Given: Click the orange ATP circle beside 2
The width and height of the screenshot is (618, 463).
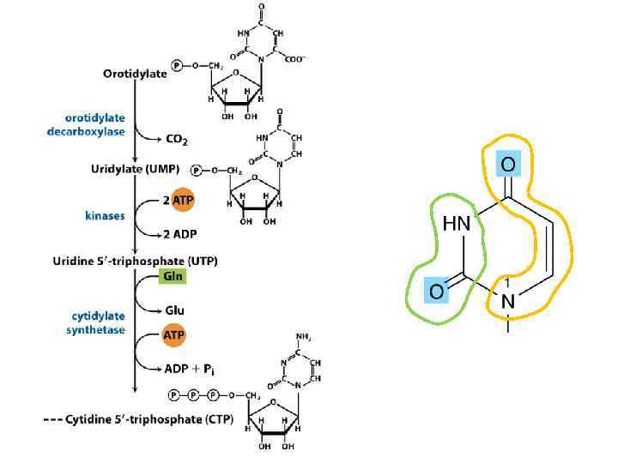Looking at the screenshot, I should pos(184,200).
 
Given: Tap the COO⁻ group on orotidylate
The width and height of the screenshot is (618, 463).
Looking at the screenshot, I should pos(294,59).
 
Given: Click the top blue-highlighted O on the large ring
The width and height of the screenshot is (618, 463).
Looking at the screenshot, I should pos(508,164).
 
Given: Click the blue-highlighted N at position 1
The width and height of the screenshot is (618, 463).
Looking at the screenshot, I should pos(508,301).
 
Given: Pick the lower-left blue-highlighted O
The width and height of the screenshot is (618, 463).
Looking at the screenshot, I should pos(436,292).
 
